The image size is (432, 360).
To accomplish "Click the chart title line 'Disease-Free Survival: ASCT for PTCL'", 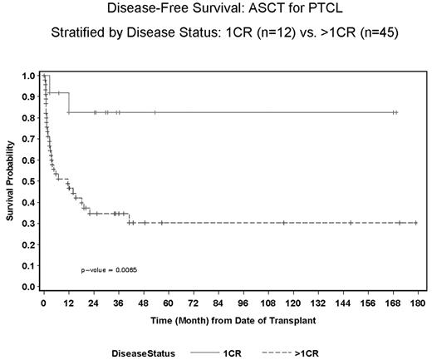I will click(215, 11).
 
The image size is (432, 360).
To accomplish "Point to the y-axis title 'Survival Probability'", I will click(10, 181).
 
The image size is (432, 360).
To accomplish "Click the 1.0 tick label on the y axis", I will click(29, 76).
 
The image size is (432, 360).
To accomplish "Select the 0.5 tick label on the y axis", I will click(29, 181).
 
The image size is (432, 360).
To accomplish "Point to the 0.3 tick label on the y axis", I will click(29, 223).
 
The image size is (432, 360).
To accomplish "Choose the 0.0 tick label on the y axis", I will click(29, 286).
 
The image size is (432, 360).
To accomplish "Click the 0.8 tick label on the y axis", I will click(29, 118).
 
